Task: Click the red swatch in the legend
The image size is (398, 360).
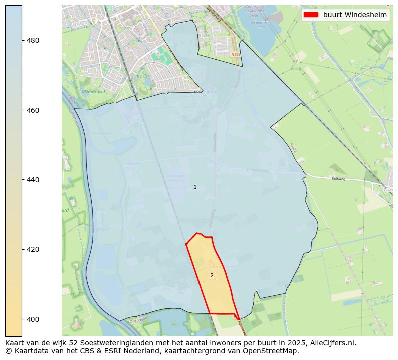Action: pos(311,15)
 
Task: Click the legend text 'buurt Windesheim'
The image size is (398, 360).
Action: pos(355,15)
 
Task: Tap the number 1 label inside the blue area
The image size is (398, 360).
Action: pos(195,187)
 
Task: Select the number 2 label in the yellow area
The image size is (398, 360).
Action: pos(212,275)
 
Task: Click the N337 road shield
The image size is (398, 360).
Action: pos(236,54)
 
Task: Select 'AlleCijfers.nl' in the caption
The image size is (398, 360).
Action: pos(332,343)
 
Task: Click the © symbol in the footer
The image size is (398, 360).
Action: pos(8,351)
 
